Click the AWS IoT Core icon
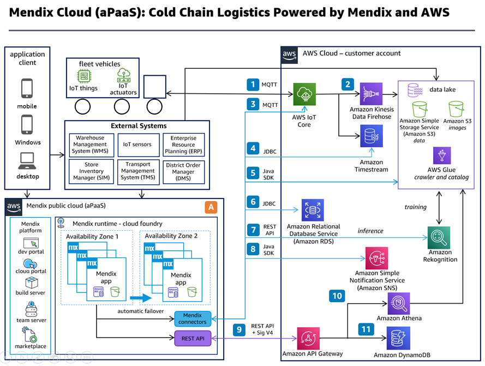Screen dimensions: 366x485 tap(304, 94)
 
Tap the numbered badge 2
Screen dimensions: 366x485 tap(347, 84)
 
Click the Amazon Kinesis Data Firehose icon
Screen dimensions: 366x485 tap(371, 94)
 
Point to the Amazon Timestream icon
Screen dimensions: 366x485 tap(371, 136)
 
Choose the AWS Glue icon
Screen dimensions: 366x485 tap(442, 155)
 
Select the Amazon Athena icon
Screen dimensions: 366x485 tap(399, 303)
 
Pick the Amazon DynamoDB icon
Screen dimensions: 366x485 tap(399, 338)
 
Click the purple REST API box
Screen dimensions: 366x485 tap(193, 339)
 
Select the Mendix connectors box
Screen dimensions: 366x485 tap(193, 318)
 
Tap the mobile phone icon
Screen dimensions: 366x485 tap(27, 88)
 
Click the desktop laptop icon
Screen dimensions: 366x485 tap(27, 161)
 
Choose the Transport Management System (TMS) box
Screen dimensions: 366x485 tap(137, 171)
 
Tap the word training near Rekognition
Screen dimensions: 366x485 tap(416, 207)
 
